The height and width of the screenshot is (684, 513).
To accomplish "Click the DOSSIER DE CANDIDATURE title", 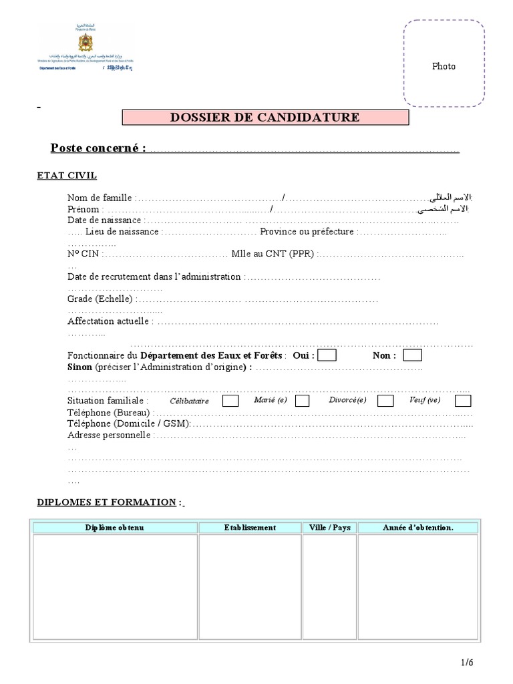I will tap(265, 118).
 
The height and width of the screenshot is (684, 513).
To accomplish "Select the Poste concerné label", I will tap(98, 148).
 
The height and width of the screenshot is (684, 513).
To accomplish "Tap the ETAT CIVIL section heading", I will tap(67, 176).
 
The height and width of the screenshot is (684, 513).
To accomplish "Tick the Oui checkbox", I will tap(327, 355).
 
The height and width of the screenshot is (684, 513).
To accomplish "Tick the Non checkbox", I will tap(413, 355).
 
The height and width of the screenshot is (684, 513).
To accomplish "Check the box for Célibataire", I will tap(230, 401).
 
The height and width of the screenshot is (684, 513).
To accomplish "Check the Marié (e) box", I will tap(302, 401).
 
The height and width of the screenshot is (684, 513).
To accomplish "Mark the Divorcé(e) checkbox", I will tap(385, 401).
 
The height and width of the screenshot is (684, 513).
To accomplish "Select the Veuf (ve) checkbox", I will tap(463, 401).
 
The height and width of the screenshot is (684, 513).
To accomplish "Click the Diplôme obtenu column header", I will tap(114, 528).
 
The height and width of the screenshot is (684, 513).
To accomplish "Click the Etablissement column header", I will tap(250, 528).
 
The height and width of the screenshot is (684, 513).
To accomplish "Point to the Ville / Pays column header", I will tap(329, 528).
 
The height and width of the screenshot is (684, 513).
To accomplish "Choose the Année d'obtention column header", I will tap(417, 528).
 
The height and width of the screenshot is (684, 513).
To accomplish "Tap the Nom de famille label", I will tap(100, 198).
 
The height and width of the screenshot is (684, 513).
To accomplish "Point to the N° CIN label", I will tap(84, 254).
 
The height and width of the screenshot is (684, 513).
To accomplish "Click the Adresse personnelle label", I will tap(110, 436).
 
